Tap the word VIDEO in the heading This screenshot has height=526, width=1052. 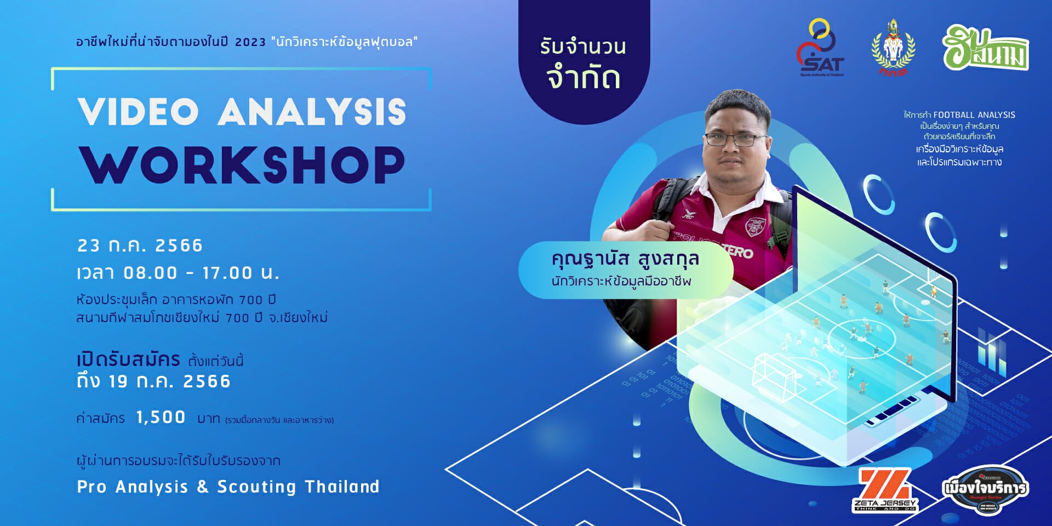tap(138, 112)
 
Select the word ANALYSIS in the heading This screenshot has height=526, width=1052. tap(312, 112)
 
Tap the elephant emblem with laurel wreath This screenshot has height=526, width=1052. tap(893, 48)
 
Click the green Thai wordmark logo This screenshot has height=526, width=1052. tap(985, 49)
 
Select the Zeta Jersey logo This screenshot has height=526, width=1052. tap(885, 490)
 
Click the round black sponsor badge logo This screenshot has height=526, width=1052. tap(985, 489)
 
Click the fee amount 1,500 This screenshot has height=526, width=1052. tap(161, 418)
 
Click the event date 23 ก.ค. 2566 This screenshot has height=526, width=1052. tap(140, 245)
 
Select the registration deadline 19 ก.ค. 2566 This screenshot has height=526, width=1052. tap(169, 381)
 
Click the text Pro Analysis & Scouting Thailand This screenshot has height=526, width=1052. tap(228, 487)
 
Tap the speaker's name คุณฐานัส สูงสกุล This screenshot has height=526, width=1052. tap(625, 259)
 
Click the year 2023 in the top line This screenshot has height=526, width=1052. tap(250, 42)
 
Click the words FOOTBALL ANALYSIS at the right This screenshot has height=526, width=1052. tap(974, 115)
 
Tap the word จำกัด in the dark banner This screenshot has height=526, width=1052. tap(584, 78)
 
